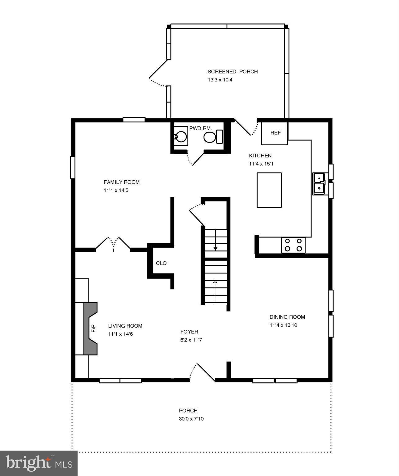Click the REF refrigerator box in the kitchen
(x=275, y=133)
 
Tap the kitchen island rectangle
(x=269, y=190)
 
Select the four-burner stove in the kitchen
(x=293, y=245)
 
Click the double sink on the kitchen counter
(x=319, y=183)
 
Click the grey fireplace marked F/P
(x=91, y=328)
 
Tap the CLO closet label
(x=161, y=263)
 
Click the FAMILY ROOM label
(x=122, y=182)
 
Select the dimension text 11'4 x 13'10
(x=283, y=325)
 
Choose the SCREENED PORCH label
(x=233, y=72)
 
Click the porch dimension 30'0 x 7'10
(x=191, y=419)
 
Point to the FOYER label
(x=189, y=332)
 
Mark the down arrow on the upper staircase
(x=215, y=249)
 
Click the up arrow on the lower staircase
(x=215, y=282)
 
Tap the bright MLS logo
(x=38, y=463)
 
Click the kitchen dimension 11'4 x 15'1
(x=261, y=164)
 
